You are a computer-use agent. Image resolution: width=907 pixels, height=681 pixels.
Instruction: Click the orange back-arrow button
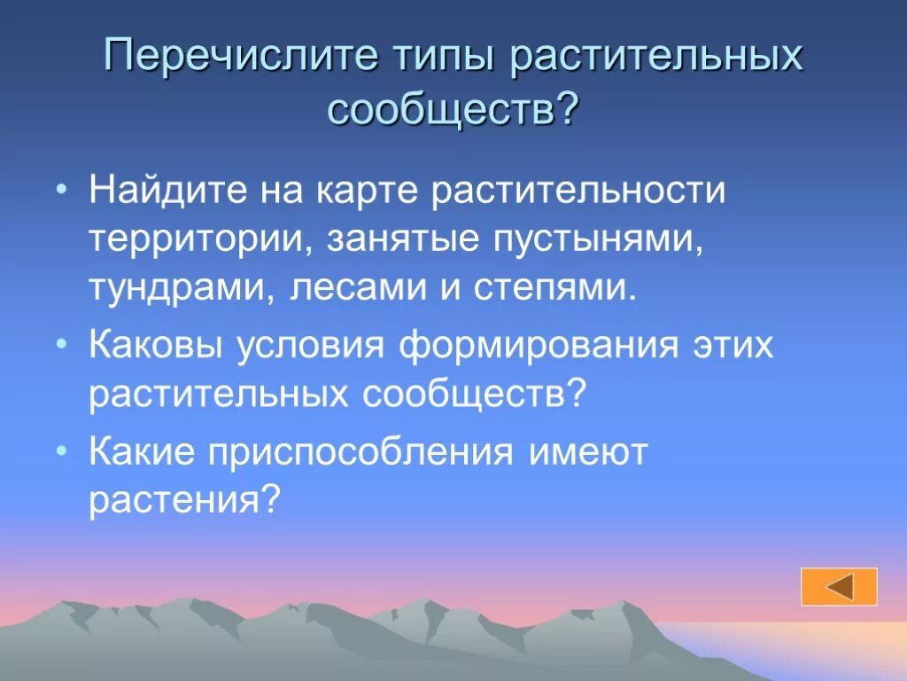839,587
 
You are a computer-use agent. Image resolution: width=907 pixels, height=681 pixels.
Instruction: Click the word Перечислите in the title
236,58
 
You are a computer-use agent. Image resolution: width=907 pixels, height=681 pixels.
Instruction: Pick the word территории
197,241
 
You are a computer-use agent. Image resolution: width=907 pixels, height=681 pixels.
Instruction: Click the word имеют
588,453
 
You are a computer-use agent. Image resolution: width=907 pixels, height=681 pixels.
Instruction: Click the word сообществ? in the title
453,110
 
